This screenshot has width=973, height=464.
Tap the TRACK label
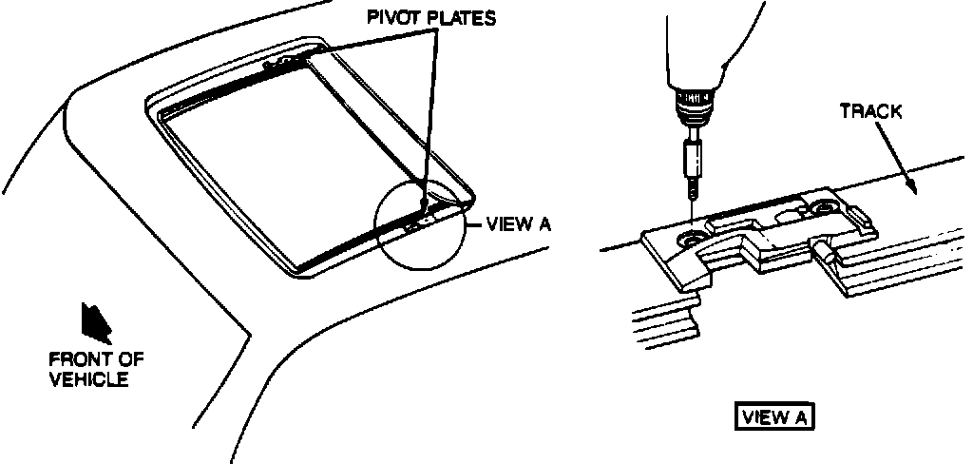click(x=870, y=111)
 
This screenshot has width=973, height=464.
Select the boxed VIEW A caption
click(x=774, y=416)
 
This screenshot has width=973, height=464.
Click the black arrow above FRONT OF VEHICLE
click(x=98, y=322)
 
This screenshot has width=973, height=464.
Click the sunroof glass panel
click(x=285, y=162)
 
